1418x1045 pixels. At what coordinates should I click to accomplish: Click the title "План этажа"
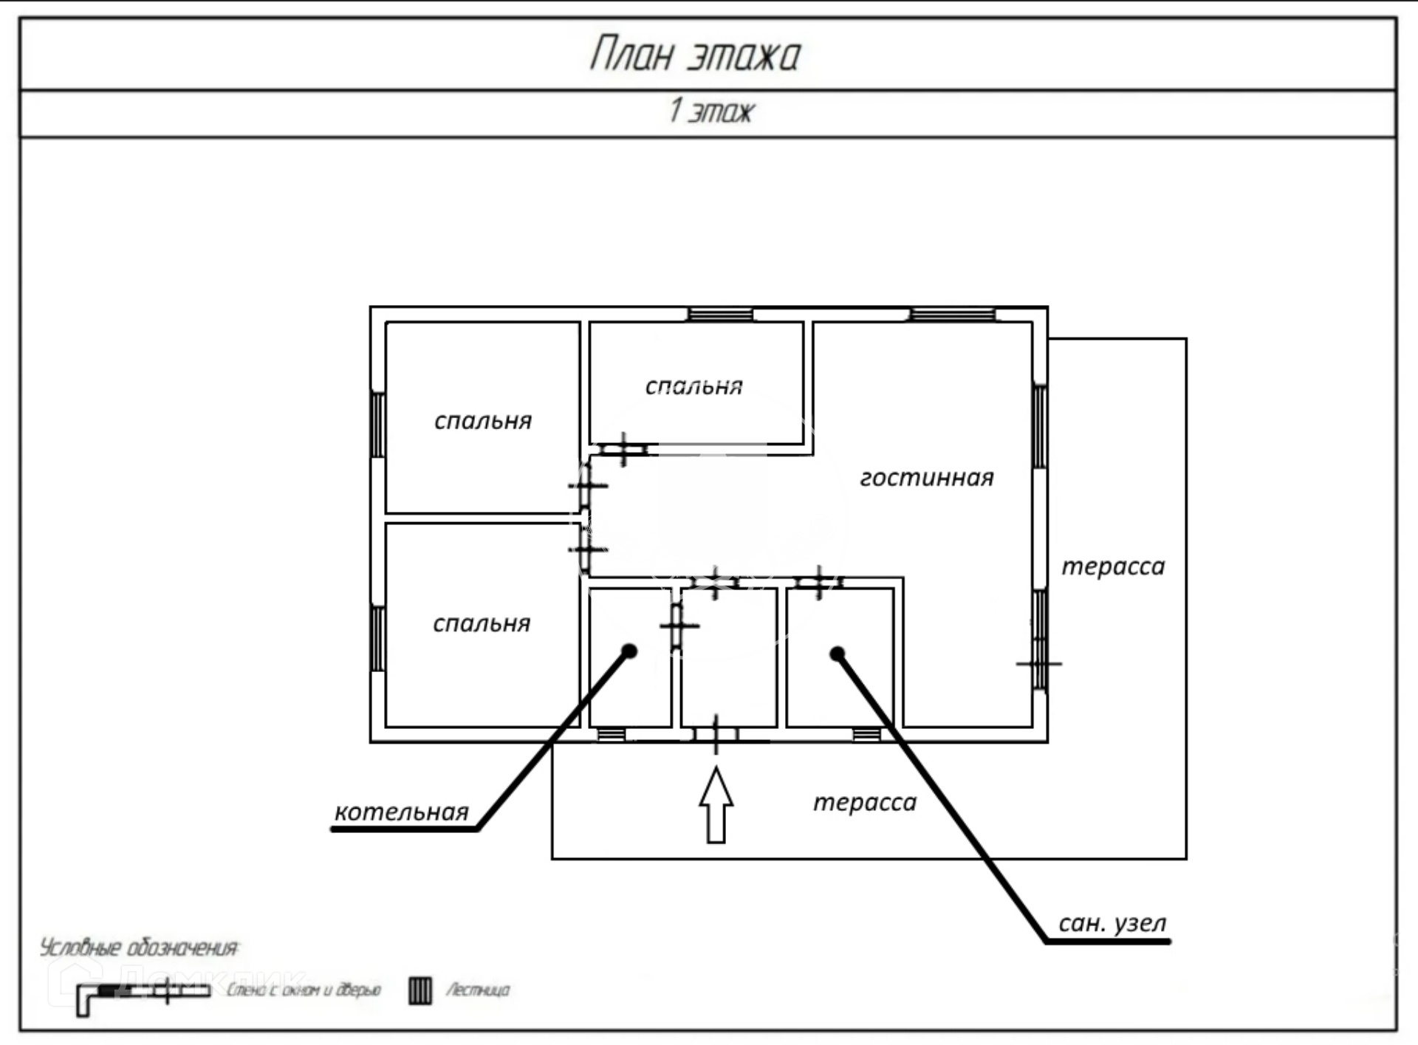[695, 54]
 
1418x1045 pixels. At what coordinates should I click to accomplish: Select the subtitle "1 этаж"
[711, 112]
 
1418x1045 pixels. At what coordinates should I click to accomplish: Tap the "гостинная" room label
[926, 478]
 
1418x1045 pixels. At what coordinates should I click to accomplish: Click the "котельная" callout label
[401, 812]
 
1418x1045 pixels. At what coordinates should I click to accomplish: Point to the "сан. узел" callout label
[1112, 923]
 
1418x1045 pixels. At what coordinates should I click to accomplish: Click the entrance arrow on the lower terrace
[716, 806]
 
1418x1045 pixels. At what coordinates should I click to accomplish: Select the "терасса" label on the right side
[1113, 566]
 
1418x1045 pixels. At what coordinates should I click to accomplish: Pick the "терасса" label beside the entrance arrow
[864, 802]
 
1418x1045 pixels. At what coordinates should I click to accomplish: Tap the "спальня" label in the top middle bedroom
[693, 386]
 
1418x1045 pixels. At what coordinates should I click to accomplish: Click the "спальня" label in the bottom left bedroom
[482, 624]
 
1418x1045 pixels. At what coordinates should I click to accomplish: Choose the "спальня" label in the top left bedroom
[483, 421]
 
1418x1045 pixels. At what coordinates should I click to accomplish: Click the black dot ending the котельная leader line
[629, 651]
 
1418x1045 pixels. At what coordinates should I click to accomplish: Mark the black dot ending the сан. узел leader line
[837, 654]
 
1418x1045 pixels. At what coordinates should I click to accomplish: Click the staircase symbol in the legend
[420, 990]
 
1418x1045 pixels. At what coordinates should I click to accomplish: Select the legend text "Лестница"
[477, 990]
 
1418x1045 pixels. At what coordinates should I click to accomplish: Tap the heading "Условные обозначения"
[139, 948]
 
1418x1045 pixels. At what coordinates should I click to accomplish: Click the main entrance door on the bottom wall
[716, 735]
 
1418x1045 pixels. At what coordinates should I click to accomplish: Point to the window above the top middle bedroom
[720, 315]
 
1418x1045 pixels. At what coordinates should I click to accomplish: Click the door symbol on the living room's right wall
[1039, 663]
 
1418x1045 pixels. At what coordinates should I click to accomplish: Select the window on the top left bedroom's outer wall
[377, 425]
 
